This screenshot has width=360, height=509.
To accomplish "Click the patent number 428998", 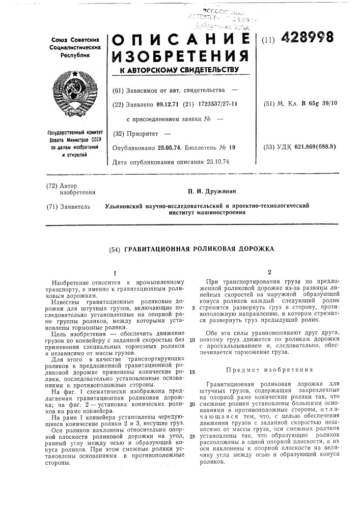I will [306, 37].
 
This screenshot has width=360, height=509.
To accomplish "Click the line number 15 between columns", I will [192, 372].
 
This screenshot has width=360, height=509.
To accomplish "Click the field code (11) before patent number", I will [268, 39].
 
